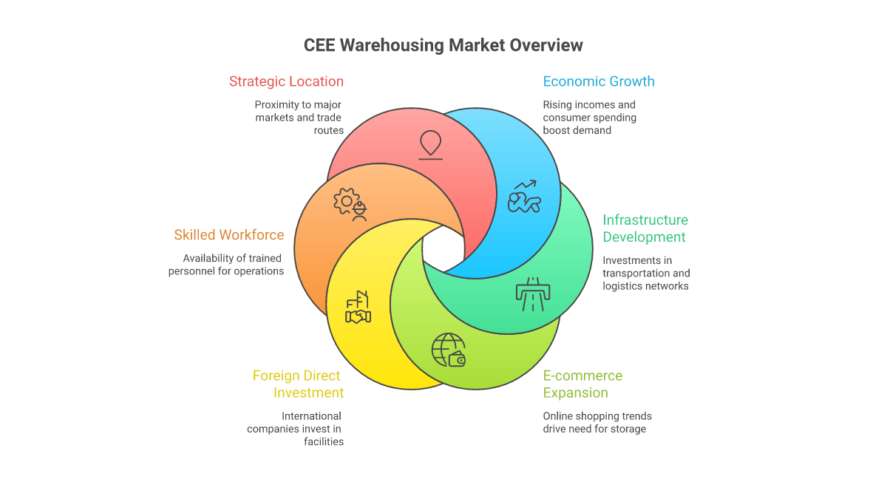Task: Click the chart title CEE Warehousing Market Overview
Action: click(443, 45)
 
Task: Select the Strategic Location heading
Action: click(286, 81)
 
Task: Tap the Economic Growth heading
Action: click(599, 81)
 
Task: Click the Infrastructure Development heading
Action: click(645, 228)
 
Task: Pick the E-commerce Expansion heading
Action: click(582, 384)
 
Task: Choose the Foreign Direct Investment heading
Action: click(298, 384)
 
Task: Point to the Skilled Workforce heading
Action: click(229, 235)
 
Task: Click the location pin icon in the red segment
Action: click(430, 144)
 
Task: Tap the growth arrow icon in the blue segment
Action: click(524, 197)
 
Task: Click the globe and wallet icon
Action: click(449, 350)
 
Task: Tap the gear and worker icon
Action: click(350, 204)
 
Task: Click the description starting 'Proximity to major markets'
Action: click(299, 118)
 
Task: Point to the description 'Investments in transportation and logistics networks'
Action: click(646, 274)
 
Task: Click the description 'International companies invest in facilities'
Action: click(296, 429)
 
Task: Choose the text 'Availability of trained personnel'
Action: click(226, 265)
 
